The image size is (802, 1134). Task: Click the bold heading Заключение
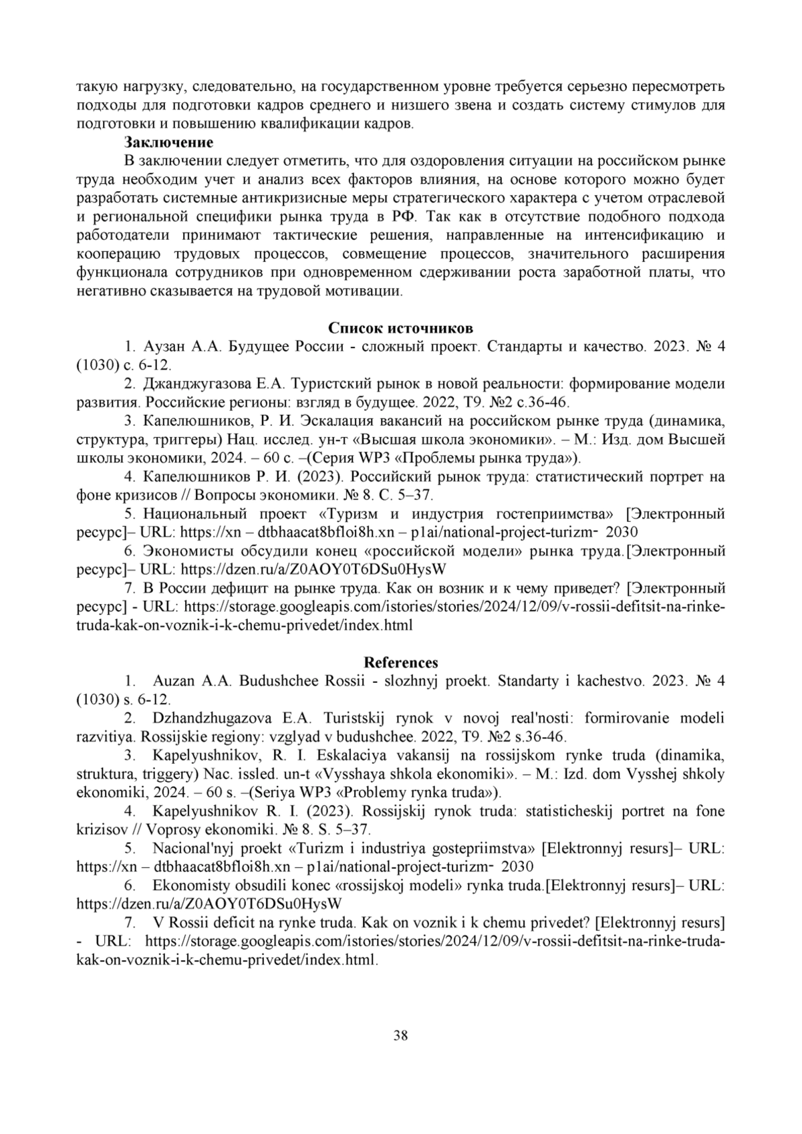click(168, 142)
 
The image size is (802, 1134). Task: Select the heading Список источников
click(400, 328)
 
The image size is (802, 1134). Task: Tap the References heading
click(400, 662)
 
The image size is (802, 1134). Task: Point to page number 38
click(401, 1036)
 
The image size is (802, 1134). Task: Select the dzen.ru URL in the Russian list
click(313, 570)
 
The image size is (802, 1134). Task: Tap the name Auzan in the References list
click(174, 681)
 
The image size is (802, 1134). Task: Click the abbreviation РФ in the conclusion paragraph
click(402, 217)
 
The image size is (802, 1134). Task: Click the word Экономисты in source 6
click(180, 551)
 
